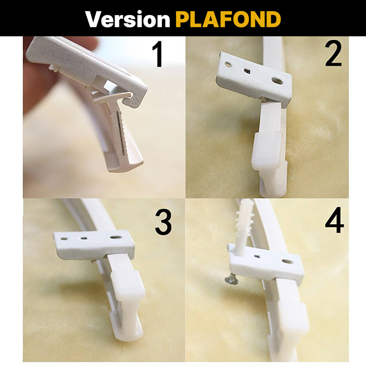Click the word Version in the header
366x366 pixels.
[127, 19]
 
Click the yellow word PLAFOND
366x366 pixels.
[228, 19]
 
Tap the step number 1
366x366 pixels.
[158, 55]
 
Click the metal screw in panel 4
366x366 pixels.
[231, 279]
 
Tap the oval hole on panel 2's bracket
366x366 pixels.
[277, 81]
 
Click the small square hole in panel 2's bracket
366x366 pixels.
[247, 72]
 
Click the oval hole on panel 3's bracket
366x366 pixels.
[115, 237]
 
